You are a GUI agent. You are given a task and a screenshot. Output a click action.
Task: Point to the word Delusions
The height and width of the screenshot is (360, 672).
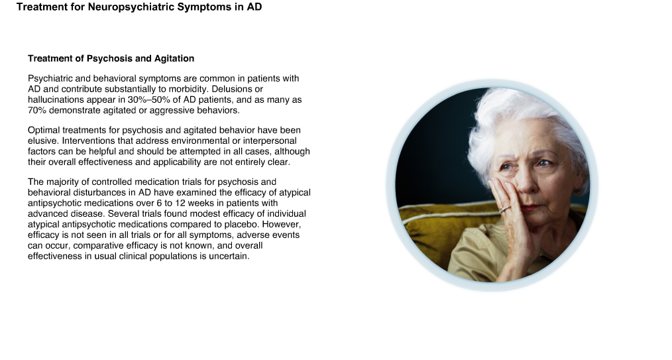point(237,89)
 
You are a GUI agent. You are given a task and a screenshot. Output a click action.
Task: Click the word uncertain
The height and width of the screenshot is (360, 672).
point(229,257)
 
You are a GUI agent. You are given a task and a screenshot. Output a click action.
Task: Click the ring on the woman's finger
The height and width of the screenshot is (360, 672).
point(505,209)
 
